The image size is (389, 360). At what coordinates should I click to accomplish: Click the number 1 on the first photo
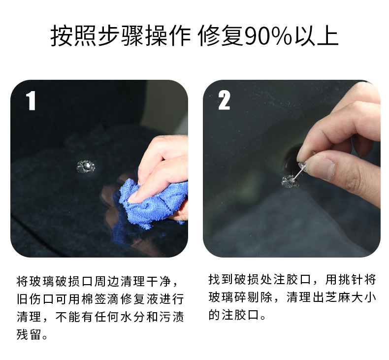coord(31,100)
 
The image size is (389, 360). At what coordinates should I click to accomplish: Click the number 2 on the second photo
coord(224,100)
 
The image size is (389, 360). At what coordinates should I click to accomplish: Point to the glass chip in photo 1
coord(86,166)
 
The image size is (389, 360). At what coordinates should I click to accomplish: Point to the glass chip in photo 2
coord(290,181)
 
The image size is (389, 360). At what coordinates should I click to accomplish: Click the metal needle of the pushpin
coord(298,174)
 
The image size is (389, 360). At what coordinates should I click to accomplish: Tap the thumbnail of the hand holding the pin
coord(320,167)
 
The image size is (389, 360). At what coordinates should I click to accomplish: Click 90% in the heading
coord(268,37)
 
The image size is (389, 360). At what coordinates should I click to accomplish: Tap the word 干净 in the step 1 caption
coord(159,281)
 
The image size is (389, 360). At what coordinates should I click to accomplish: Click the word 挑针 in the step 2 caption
coord(350,280)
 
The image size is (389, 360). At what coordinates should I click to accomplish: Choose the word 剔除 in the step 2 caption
coord(259,297)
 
